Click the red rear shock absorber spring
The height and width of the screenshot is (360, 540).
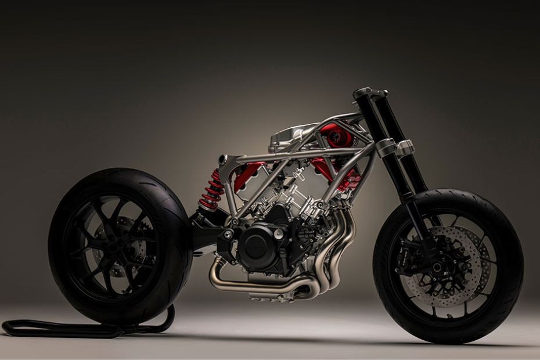(x=211, y=189)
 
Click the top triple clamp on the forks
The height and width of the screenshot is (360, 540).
(x=369, y=93)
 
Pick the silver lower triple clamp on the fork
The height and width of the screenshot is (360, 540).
(x=395, y=149)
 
